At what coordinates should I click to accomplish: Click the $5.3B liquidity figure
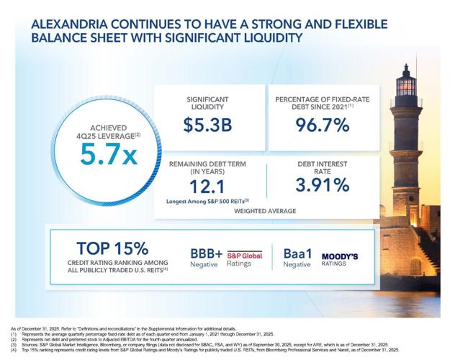coord(207,125)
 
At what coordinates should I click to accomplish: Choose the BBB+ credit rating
coord(207,254)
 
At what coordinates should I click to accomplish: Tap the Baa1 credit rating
coord(297,254)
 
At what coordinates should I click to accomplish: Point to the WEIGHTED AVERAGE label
coord(266,212)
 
